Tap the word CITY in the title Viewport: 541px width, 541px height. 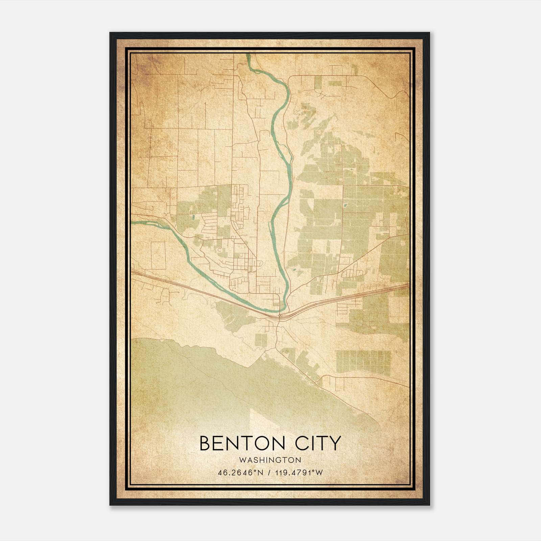tap(319, 443)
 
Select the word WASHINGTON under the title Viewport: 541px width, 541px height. tap(270, 460)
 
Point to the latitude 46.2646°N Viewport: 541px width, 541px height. tap(240, 473)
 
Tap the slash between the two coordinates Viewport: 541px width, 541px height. tap(269, 473)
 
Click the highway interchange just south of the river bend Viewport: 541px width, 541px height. tap(280, 316)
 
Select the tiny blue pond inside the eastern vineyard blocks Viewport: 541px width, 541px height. tap(345, 205)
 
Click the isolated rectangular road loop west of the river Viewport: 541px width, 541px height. tap(158, 255)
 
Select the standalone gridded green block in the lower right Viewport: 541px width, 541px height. tap(363, 362)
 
